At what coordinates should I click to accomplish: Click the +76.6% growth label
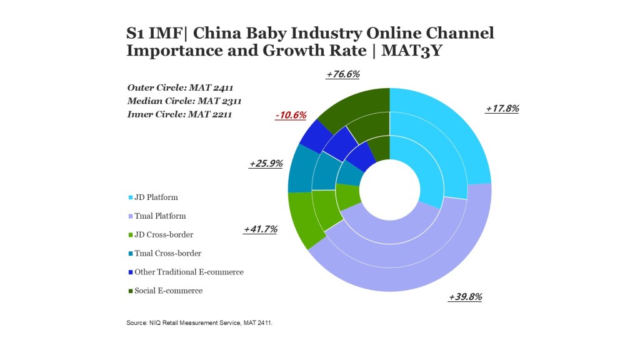[342, 74]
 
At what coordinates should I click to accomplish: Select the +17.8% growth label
[502, 108]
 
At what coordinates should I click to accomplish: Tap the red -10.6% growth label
[291, 115]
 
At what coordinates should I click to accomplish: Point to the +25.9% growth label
[266, 164]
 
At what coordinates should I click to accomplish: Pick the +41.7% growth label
[260, 229]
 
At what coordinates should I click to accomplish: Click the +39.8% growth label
[465, 297]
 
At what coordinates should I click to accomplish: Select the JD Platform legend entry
[156, 197]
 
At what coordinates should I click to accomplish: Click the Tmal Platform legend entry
[159, 216]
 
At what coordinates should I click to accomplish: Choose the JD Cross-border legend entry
[163, 235]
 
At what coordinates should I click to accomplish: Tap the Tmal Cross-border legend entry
[167, 254]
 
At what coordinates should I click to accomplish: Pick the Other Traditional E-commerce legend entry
[188, 272]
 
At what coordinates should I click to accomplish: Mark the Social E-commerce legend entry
[168, 291]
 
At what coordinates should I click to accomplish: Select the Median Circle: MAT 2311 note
[184, 101]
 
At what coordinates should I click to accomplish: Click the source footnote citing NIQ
[199, 324]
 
